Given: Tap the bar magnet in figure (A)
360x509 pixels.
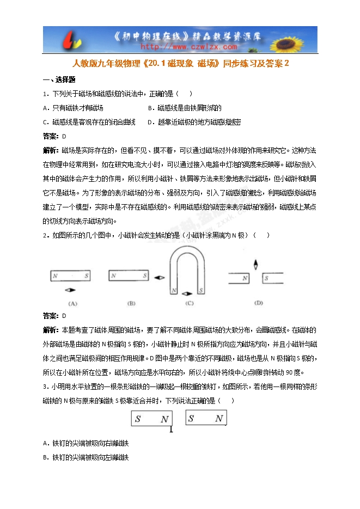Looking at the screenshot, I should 70,276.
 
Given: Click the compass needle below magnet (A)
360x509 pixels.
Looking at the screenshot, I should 71,289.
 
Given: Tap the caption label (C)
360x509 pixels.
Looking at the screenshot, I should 189,303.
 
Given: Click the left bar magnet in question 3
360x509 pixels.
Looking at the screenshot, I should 152,419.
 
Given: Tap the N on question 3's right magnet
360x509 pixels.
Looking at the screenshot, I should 218,418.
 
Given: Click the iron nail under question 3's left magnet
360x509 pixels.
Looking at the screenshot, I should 171,430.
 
